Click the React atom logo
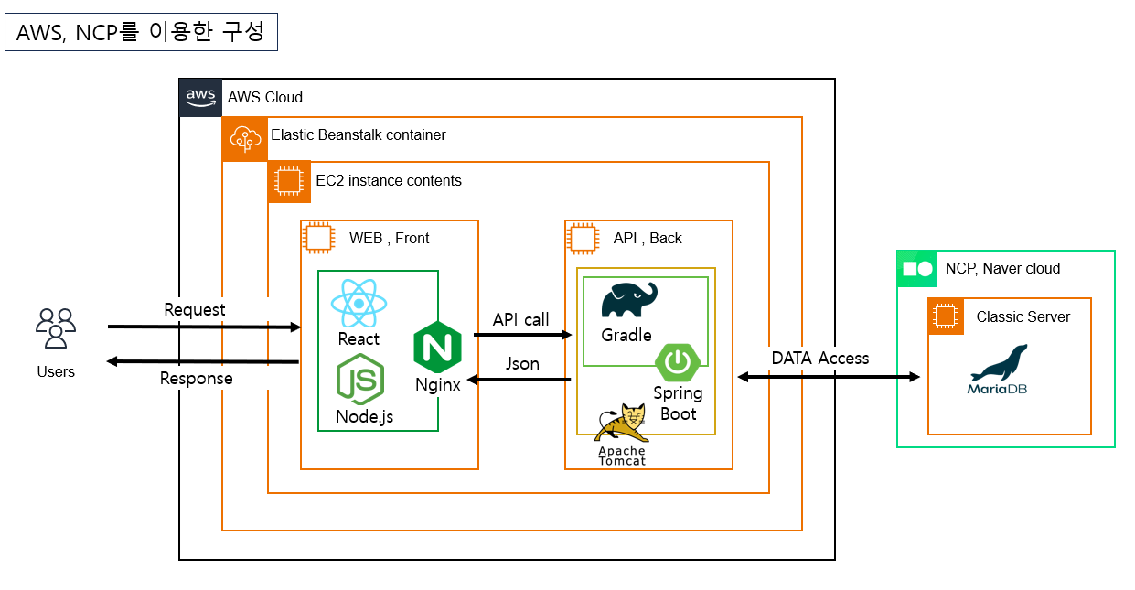359,303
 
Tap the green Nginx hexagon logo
437,348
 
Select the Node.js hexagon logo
360,380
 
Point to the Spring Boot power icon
678,362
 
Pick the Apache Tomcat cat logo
622,424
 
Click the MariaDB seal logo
999,363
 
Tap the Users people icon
56,328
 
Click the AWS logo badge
200,97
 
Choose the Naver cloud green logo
917,269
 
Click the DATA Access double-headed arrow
828,377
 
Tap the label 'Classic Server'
1023,317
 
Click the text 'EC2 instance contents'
389,181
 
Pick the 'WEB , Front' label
390,238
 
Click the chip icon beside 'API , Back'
584,238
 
